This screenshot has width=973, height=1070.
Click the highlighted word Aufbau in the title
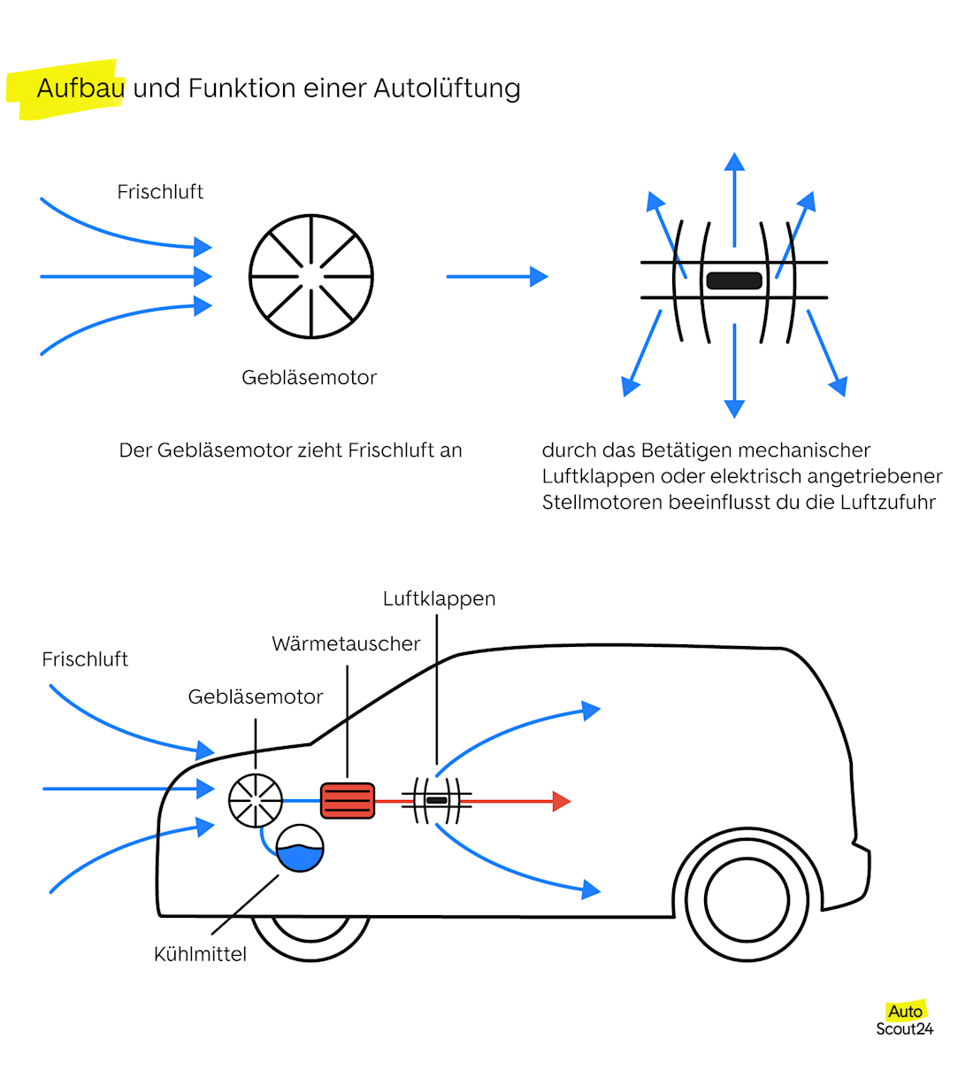point(80,89)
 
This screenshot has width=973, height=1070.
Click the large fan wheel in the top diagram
point(311,276)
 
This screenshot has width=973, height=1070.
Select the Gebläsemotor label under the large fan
point(309,378)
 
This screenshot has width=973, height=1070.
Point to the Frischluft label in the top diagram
point(160,192)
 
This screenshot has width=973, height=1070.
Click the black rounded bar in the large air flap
point(734,281)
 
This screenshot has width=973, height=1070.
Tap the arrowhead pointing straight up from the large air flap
point(734,162)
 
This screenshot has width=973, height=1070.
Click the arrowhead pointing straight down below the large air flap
point(734,407)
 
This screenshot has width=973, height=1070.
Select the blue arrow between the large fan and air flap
point(496,276)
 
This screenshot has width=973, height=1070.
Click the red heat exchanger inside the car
point(348,800)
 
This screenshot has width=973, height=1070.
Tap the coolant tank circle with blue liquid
point(300,848)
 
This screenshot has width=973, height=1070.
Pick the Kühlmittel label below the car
point(200,954)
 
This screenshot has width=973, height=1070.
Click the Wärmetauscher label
point(346,644)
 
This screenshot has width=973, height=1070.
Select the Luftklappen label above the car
point(439,599)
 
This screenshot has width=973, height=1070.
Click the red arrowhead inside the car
point(561,801)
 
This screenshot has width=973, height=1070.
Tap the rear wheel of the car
point(747,898)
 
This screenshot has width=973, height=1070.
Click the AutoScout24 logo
point(904,1020)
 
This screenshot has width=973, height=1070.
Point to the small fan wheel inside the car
point(256,800)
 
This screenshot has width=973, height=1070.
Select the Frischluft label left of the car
point(85,659)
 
